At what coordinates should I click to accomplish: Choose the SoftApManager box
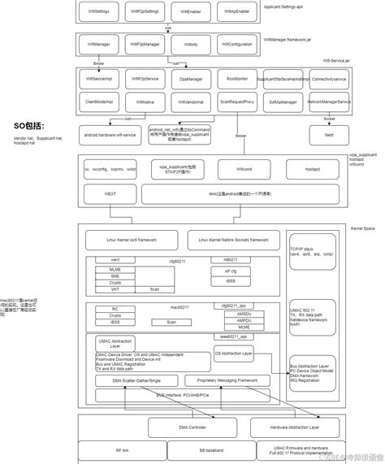285,102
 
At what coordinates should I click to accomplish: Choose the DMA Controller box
178,425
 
